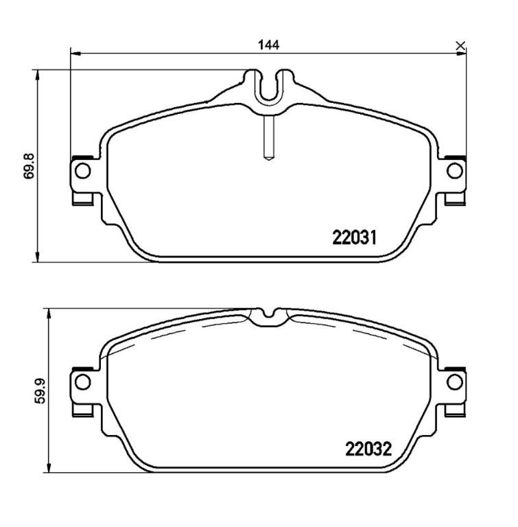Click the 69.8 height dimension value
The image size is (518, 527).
pyautogui.click(x=29, y=165)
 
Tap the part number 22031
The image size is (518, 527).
pyautogui.click(x=355, y=238)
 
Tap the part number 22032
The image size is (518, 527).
pyautogui.click(x=367, y=449)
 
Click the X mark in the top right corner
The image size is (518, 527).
pyautogui.click(x=460, y=46)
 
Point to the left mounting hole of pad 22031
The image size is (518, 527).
pyautogui.click(x=82, y=171)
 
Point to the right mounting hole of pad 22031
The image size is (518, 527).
pyautogui.click(x=454, y=171)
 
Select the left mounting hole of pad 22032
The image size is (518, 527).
pyautogui.click(x=82, y=381)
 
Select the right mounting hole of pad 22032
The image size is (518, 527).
pyautogui.click(x=454, y=381)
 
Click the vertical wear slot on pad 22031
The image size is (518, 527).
pyautogui.click(x=268, y=137)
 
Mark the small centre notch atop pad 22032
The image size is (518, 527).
pyautogui.click(x=268, y=316)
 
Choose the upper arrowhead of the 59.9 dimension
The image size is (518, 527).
pyautogui.click(x=49, y=313)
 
